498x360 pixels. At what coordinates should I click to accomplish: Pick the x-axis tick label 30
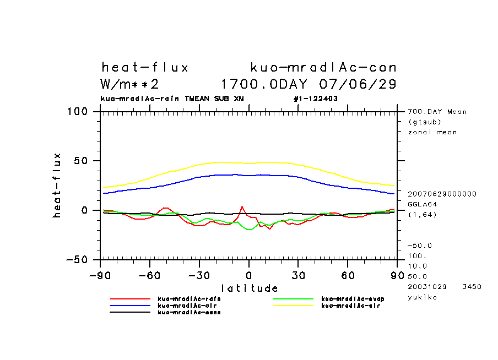pos(298,275)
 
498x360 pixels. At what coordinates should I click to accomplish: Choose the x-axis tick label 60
pos(348,275)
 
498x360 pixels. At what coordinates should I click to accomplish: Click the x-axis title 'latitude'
pos(249,288)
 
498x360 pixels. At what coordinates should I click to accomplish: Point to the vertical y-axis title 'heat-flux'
pos(58,185)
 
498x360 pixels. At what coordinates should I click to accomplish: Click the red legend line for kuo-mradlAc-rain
pos(130,299)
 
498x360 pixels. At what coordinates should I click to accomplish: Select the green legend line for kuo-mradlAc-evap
pos(294,299)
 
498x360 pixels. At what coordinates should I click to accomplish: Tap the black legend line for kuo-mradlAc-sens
pos(130,312)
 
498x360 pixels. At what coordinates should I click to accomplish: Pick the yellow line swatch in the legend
pos(294,306)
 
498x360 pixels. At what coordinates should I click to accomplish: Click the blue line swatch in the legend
pos(130,306)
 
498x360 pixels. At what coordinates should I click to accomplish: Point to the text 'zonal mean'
pos(432,132)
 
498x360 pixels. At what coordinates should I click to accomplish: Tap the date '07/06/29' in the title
pos(358,85)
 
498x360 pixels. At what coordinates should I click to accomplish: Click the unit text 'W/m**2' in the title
pos(130,85)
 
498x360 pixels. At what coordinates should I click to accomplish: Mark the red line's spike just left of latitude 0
pos(242,207)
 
